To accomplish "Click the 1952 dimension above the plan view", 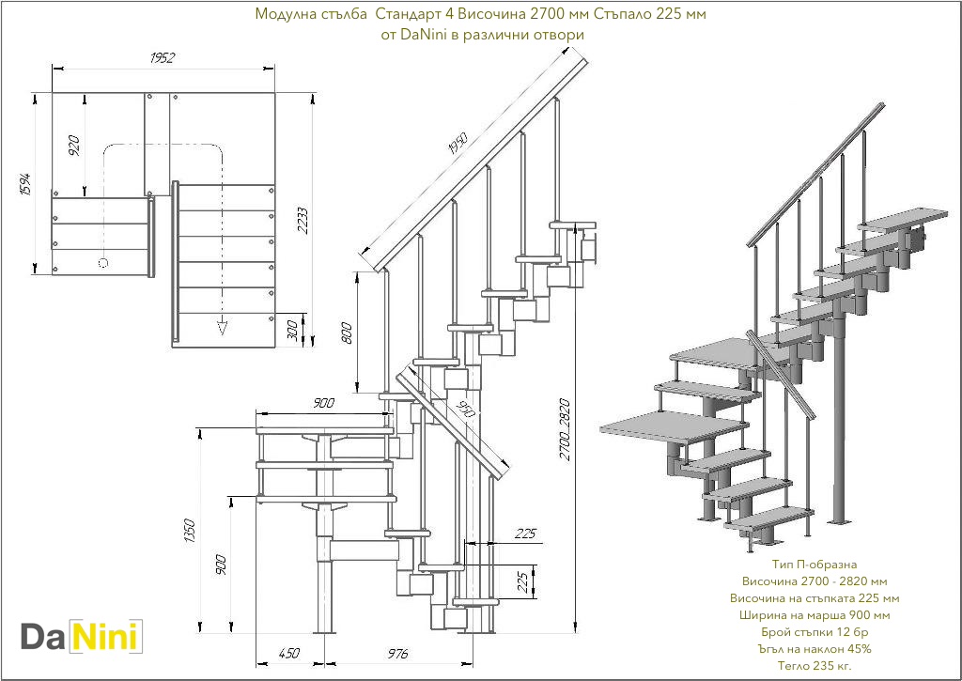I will click(x=163, y=58).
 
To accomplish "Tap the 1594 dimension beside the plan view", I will click(x=27, y=184).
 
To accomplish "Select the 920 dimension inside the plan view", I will click(x=75, y=144).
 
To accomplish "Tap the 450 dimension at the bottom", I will click(x=289, y=653).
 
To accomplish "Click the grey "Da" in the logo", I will click(x=44, y=637).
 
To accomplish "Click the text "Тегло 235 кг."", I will click(x=815, y=666).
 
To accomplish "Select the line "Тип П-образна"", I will click(x=815, y=564).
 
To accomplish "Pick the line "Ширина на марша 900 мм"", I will click(x=815, y=615).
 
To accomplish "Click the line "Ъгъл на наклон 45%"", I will click(x=815, y=649).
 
